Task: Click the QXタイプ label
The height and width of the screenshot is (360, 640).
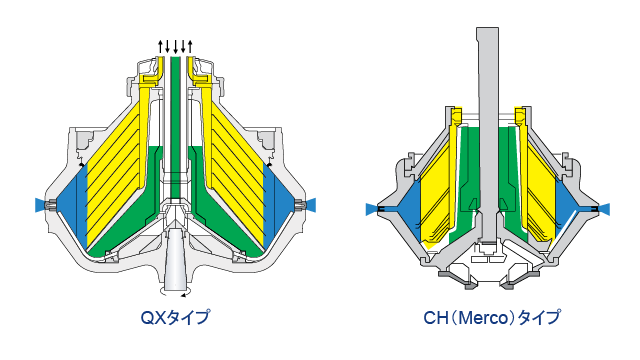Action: (x=175, y=317)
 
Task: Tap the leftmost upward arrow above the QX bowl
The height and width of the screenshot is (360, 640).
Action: (x=160, y=47)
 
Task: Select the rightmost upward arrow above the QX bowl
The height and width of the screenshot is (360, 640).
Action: (x=190, y=47)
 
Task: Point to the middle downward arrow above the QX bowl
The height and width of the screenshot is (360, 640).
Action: (x=176, y=47)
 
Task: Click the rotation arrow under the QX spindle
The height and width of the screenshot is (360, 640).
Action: (x=175, y=293)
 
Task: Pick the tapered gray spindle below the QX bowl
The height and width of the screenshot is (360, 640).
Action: (x=176, y=258)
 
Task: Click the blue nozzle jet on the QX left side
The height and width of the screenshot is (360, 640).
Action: (x=40, y=205)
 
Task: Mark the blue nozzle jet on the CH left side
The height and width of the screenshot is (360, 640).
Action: (x=371, y=209)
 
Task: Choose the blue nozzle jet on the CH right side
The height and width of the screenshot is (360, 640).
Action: (x=604, y=209)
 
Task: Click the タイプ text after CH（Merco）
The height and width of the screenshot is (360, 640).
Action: (x=539, y=318)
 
